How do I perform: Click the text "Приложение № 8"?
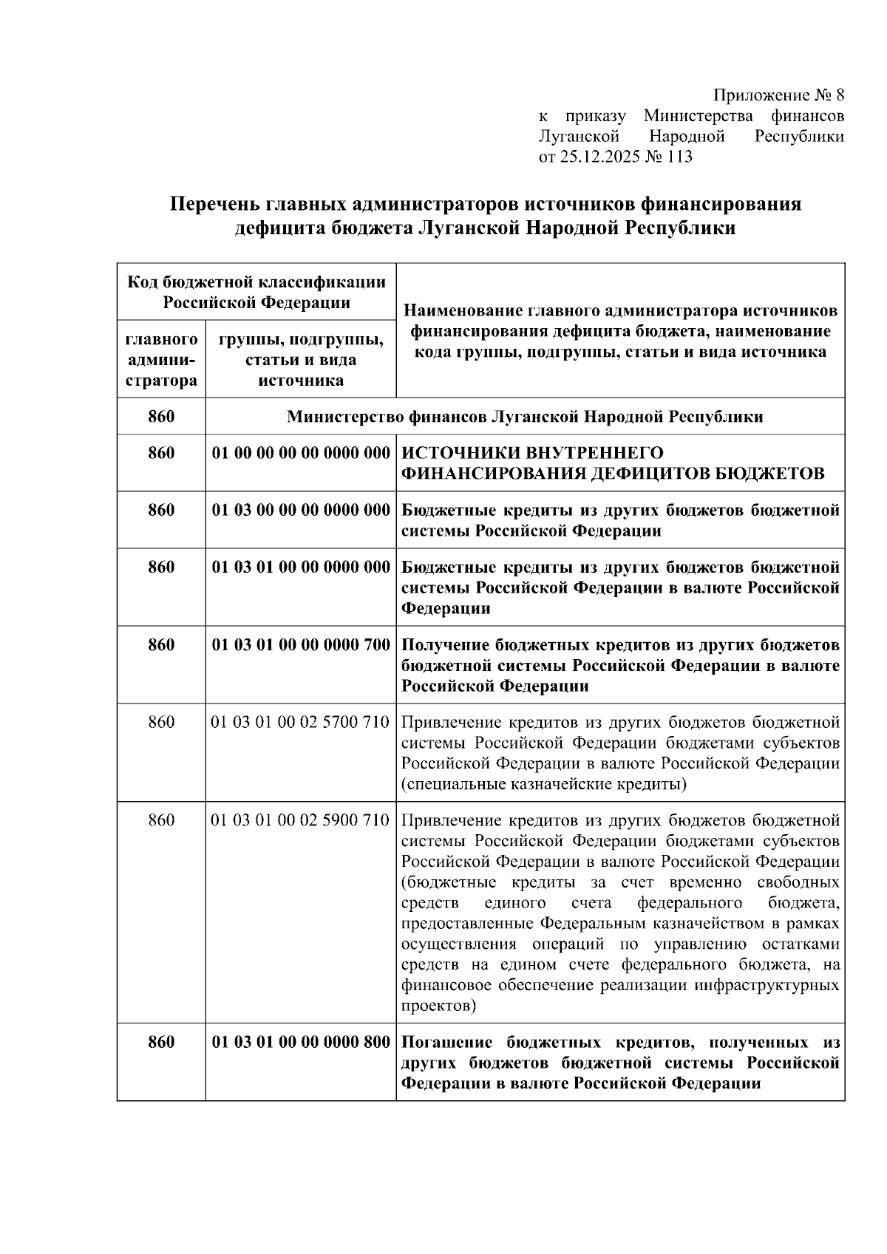[x=778, y=95]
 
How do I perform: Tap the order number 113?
[x=679, y=157]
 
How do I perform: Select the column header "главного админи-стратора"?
[x=161, y=360]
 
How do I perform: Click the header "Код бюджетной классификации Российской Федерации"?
[x=256, y=292]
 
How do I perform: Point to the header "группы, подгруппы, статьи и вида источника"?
[x=300, y=360]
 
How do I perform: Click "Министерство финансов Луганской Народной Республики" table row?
[x=524, y=417]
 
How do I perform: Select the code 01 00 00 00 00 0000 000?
[x=300, y=452]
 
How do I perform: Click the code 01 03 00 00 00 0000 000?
[x=300, y=510]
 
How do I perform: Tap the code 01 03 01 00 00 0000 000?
[x=300, y=567]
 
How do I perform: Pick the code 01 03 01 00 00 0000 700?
[x=300, y=644]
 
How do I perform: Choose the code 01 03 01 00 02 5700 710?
[x=300, y=721]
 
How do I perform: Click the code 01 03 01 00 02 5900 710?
[x=300, y=820]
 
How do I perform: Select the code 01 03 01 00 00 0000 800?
[x=300, y=1042]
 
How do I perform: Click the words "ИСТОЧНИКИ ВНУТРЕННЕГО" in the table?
[x=532, y=452]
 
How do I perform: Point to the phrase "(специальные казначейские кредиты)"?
[x=543, y=784]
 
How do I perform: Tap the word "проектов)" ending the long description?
[x=438, y=1006]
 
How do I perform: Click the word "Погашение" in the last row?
[x=446, y=1042]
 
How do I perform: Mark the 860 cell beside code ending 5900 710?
[x=161, y=820]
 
